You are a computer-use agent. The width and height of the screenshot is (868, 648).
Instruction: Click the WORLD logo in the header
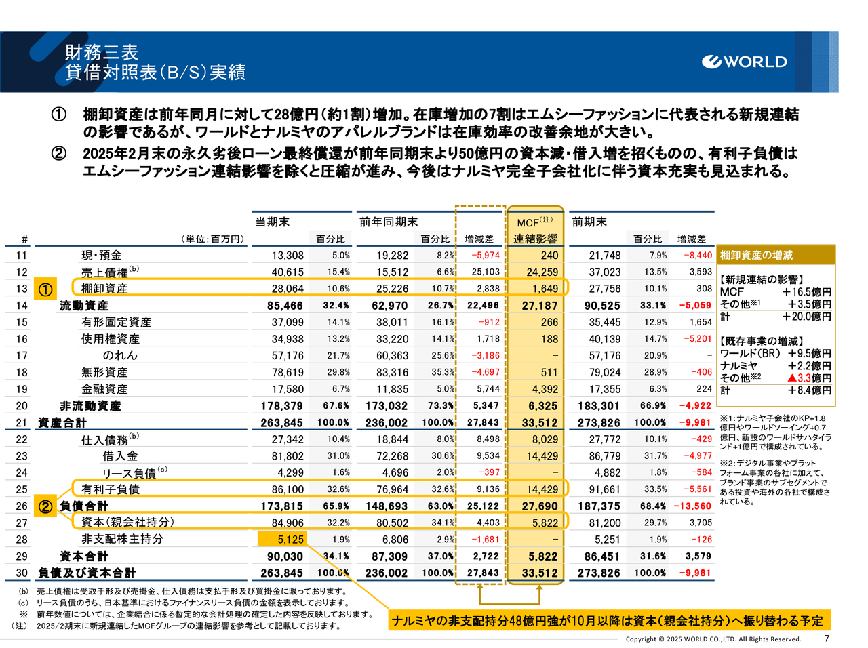745,62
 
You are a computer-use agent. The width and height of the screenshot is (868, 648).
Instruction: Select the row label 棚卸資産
104,289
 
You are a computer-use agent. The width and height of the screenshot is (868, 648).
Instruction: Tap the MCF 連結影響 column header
535,230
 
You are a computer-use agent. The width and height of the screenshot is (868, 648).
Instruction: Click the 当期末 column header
272,222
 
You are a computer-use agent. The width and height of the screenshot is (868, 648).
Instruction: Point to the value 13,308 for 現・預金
288,256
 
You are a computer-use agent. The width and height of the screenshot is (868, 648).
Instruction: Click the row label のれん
120,355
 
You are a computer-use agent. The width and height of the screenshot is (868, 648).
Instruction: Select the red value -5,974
486,256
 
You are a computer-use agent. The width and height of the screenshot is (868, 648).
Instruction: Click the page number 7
827,639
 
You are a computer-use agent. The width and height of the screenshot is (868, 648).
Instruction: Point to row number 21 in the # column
22,423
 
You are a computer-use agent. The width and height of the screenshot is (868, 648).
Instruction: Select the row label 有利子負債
111,489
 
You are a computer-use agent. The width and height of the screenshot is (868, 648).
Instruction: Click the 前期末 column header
589,222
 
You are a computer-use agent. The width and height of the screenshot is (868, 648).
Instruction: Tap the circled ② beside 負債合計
45,506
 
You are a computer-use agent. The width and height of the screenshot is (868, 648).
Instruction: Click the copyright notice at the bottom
713,639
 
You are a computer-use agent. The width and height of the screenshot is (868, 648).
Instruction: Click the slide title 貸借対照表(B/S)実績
155,73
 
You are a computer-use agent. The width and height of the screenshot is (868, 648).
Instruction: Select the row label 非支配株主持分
122,540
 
